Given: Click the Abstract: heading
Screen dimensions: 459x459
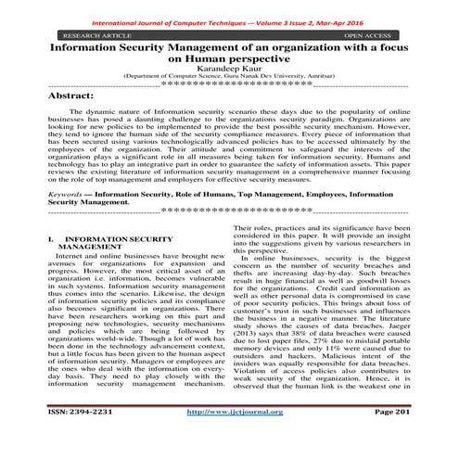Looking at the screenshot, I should (x=78, y=97).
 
